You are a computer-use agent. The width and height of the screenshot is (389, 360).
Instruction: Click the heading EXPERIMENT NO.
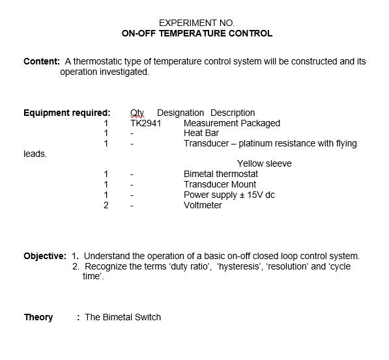pyautogui.click(x=197, y=23)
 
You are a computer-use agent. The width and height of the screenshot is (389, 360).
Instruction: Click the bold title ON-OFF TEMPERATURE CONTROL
pyautogui.click(x=197, y=33)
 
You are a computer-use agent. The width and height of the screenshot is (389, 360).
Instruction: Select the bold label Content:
pyautogui.click(x=42, y=62)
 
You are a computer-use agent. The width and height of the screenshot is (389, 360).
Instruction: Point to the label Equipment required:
pyautogui.click(x=66, y=113)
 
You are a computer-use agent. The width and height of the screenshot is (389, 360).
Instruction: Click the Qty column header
pyautogui.click(x=137, y=113)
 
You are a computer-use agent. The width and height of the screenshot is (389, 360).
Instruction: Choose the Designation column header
pyautogui.click(x=180, y=113)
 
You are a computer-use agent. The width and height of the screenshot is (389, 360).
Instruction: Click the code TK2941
pyautogui.click(x=145, y=123)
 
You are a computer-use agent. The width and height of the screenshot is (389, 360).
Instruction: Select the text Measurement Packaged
pyautogui.click(x=232, y=123)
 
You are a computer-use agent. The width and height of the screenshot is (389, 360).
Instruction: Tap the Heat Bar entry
pyautogui.click(x=201, y=133)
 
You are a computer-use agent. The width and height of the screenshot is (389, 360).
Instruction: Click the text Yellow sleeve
pyautogui.click(x=264, y=163)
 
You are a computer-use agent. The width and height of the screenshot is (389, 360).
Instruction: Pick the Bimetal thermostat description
pyautogui.click(x=221, y=174)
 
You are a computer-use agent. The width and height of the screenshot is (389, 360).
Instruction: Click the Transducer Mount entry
pyautogui.click(x=220, y=184)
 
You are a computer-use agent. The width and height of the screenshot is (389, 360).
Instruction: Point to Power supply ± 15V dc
pyautogui.click(x=229, y=195)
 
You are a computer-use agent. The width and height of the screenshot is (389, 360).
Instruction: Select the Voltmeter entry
pyautogui.click(x=203, y=205)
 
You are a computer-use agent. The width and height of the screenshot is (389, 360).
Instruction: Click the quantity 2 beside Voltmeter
pyautogui.click(x=106, y=205)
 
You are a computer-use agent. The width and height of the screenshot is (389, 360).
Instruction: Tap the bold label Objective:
pyautogui.click(x=45, y=256)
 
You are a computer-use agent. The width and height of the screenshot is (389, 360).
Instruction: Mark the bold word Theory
pyautogui.click(x=38, y=317)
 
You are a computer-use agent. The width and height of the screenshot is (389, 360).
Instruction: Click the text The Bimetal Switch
pyautogui.click(x=122, y=317)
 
